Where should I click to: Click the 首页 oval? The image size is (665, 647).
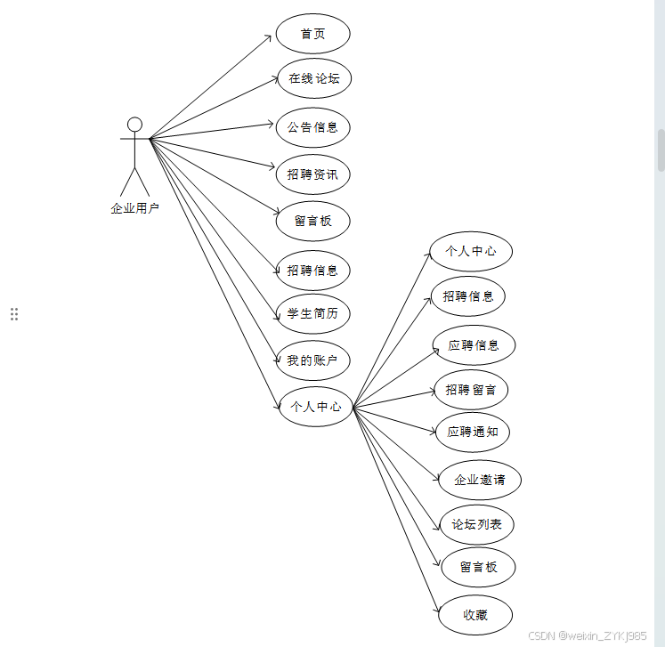click(x=312, y=34)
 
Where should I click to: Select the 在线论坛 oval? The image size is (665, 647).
click(x=313, y=78)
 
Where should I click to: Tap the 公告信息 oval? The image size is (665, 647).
click(x=312, y=127)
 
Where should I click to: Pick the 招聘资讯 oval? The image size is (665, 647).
click(x=312, y=174)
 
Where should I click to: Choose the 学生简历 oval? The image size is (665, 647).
click(x=312, y=313)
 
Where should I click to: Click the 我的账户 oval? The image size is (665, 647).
click(x=312, y=360)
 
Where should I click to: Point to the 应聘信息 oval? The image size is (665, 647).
click(x=474, y=345)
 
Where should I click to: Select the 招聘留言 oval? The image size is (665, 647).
click(x=471, y=390)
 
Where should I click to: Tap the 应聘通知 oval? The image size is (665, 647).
click(x=472, y=432)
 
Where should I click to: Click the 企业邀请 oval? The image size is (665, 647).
click(x=479, y=480)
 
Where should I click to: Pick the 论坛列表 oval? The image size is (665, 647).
click(x=476, y=524)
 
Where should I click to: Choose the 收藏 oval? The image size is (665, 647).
click(x=475, y=614)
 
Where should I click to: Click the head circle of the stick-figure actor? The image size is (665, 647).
click(x=134, y=124)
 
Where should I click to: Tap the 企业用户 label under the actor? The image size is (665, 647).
click(x=134, y=208)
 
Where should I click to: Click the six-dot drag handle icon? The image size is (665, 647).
click(x=14, y=313)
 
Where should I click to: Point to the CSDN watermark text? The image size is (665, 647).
click(x=587, y=635)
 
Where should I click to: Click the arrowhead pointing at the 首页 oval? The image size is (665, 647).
click(x=268, y=36)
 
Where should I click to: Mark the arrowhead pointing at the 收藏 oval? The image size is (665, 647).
click(x=441, y=610)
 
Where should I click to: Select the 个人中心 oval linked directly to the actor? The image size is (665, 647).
click(x=315, y=407)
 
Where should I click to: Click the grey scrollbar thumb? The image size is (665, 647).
click(x=661, y=150)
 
